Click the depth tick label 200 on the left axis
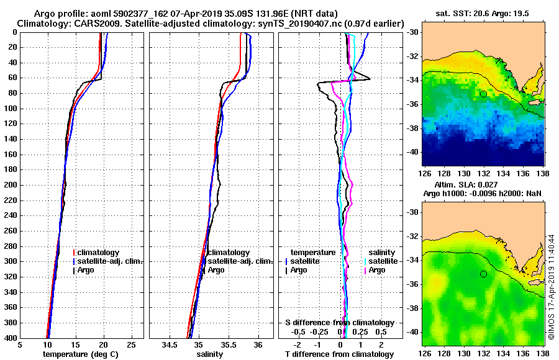pos(11,185)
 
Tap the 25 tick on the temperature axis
pos(131,344)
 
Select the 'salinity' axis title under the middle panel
pos(210,354)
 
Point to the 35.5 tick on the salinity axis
pos(228,344)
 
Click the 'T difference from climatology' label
pos(339,354)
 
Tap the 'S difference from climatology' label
pos(339,323)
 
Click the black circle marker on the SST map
pos(483,94)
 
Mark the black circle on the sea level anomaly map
pos(483,274)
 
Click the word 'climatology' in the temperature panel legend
pos(99,253)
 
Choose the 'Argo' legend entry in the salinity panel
pos(216,270)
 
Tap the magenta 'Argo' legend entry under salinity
pos(377,270)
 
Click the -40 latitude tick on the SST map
pos(412,151)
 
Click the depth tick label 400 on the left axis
pos(11,338)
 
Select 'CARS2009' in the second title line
pos(93,23)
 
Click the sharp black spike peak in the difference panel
pos(370,78)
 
